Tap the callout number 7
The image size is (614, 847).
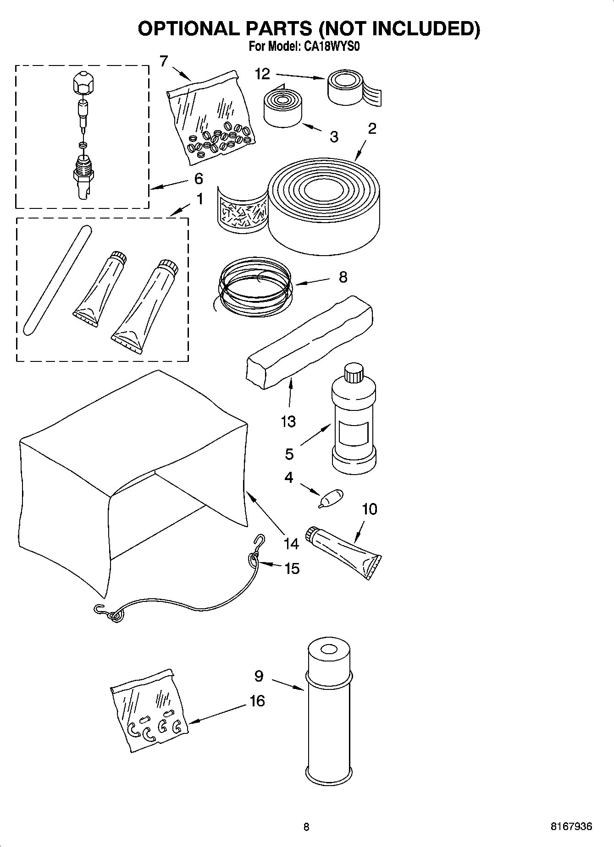point(164,60)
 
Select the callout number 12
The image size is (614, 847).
point(262,74)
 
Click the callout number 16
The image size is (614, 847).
point(257,701)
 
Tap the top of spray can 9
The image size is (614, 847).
point(328,651)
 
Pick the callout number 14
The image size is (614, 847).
point(291,544)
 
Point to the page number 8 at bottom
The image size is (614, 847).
point(306,827)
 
